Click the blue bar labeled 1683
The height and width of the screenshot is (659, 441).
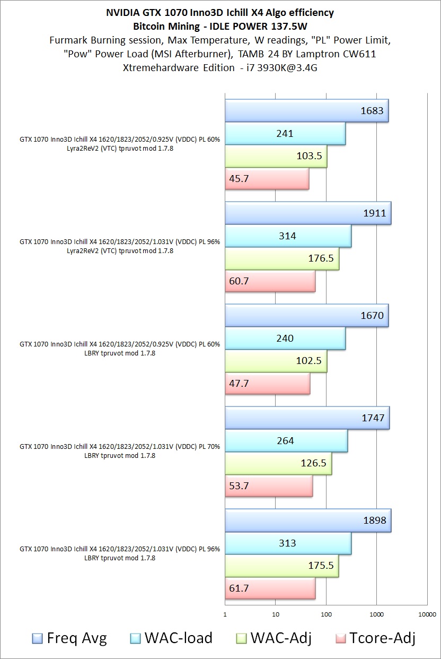click(306, 111)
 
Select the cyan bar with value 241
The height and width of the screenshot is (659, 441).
click(285, 134)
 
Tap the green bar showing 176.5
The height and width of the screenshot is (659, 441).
click(282, 259)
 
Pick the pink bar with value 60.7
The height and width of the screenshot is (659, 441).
click(270, 281)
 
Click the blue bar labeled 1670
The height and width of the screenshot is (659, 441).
click(306, 316)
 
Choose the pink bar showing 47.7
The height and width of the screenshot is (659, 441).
click(268, 383)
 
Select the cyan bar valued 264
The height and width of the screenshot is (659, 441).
click(286, 441)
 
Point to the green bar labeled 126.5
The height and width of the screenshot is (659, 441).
click(278, 463)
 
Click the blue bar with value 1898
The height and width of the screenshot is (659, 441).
click(307, 521)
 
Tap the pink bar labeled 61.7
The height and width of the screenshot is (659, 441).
click(270, 588)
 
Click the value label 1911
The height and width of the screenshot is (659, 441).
click(374, 213)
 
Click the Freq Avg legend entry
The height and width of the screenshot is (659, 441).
click(69, 638)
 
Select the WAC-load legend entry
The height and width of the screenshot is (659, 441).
click(171, 638)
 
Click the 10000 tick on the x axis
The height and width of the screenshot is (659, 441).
click(427, 615)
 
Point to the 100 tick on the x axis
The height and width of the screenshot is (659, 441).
click(326, 615)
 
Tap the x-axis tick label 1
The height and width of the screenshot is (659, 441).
click(225, 615)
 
